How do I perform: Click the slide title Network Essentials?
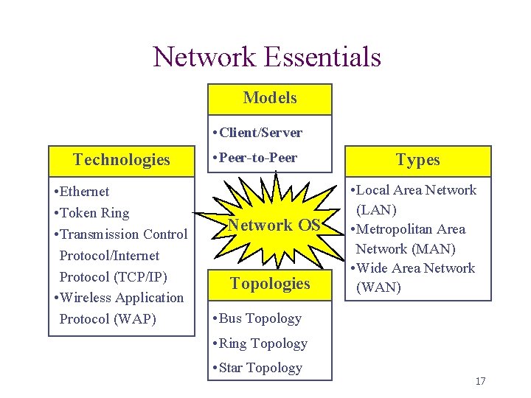click(x=266, y=57)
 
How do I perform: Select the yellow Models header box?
click(x=270, y=98)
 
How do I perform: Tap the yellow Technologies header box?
click(x=122, y=160)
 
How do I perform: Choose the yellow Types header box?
click(x=417, y=160)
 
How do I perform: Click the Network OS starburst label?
click(x=274, y=226)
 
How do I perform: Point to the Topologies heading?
click(x=270, y=284)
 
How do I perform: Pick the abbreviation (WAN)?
click(x=378, y=287)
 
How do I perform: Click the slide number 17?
click(x=480, y=381)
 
